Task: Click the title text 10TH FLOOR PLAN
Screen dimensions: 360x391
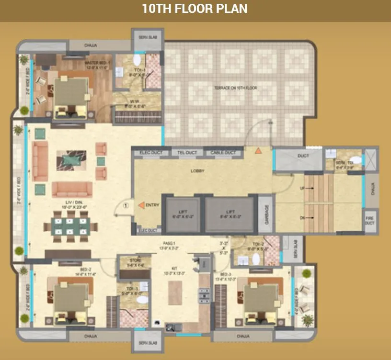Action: [195, 9]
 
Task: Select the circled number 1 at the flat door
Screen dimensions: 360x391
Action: [126, 206]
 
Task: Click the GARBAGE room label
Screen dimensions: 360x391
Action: [266, 214]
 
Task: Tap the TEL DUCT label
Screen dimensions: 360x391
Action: [187, 153]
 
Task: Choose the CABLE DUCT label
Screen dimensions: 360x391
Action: [223, 153]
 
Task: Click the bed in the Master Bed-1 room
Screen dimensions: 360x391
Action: [70, 95]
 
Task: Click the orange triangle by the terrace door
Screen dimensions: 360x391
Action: [258, 150]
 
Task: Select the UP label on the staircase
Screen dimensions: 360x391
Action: [302, 188]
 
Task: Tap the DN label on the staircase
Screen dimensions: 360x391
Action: [302, 218]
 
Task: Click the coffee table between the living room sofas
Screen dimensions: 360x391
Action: [71, 160]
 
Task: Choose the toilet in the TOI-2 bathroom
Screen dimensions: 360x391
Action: [256, 259]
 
